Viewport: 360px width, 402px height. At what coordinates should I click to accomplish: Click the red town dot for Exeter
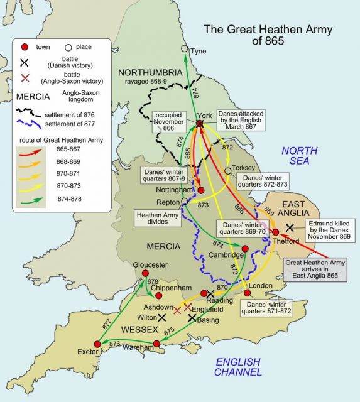[97, 344]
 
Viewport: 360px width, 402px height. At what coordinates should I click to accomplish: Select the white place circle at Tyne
[184, 48]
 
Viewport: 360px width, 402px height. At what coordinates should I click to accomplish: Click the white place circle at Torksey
[227, 170]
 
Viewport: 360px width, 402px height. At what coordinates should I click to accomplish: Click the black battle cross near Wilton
[163, 318]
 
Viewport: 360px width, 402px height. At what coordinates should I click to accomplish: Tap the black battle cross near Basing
[192, 318]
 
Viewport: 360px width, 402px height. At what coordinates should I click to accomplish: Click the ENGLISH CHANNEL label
[238, 367]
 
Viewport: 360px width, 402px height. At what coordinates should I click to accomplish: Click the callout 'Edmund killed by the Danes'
[327, 231]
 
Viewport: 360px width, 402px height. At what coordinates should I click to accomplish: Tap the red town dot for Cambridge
[245, 249]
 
